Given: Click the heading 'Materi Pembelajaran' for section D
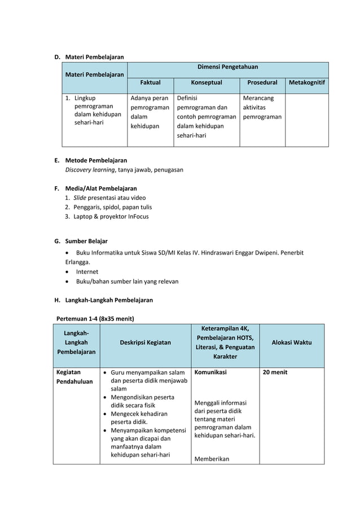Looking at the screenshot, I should tap(94, 56).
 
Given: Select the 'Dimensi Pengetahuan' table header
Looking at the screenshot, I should tap(227, 67).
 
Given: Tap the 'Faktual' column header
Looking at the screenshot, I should tap(150, 82).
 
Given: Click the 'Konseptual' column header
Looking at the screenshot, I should tap(207, 82).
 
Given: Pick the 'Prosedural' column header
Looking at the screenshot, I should tap(262, 82).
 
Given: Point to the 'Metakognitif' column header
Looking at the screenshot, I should tap(307, 82).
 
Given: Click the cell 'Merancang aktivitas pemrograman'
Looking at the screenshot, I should tap(262, 107).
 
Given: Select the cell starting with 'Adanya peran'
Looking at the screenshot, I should tap(150, 112).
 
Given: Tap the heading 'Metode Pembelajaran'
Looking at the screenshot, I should tap(96, 160).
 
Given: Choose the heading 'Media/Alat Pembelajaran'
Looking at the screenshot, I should tap(101, 188).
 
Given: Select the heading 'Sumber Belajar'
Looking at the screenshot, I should tap(86, 241).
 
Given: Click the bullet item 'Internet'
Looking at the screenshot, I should tap(87, 271).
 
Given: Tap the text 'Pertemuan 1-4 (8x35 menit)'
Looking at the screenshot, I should tap(95, 318).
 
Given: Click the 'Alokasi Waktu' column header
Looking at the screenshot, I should tap(292, 343).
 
